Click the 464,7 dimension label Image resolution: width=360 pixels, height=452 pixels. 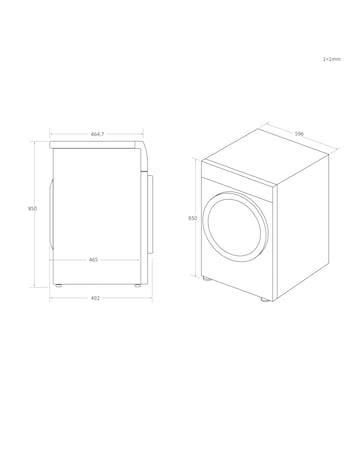click(98, 134)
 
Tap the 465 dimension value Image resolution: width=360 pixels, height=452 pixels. click(93, 260)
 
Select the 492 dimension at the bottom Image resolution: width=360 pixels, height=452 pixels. click(96, 297)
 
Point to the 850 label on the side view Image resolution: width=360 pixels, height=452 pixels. click(33, 209)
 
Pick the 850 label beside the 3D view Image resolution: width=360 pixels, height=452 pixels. click(192, 217)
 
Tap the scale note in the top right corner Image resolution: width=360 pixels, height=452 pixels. click(331, 59)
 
